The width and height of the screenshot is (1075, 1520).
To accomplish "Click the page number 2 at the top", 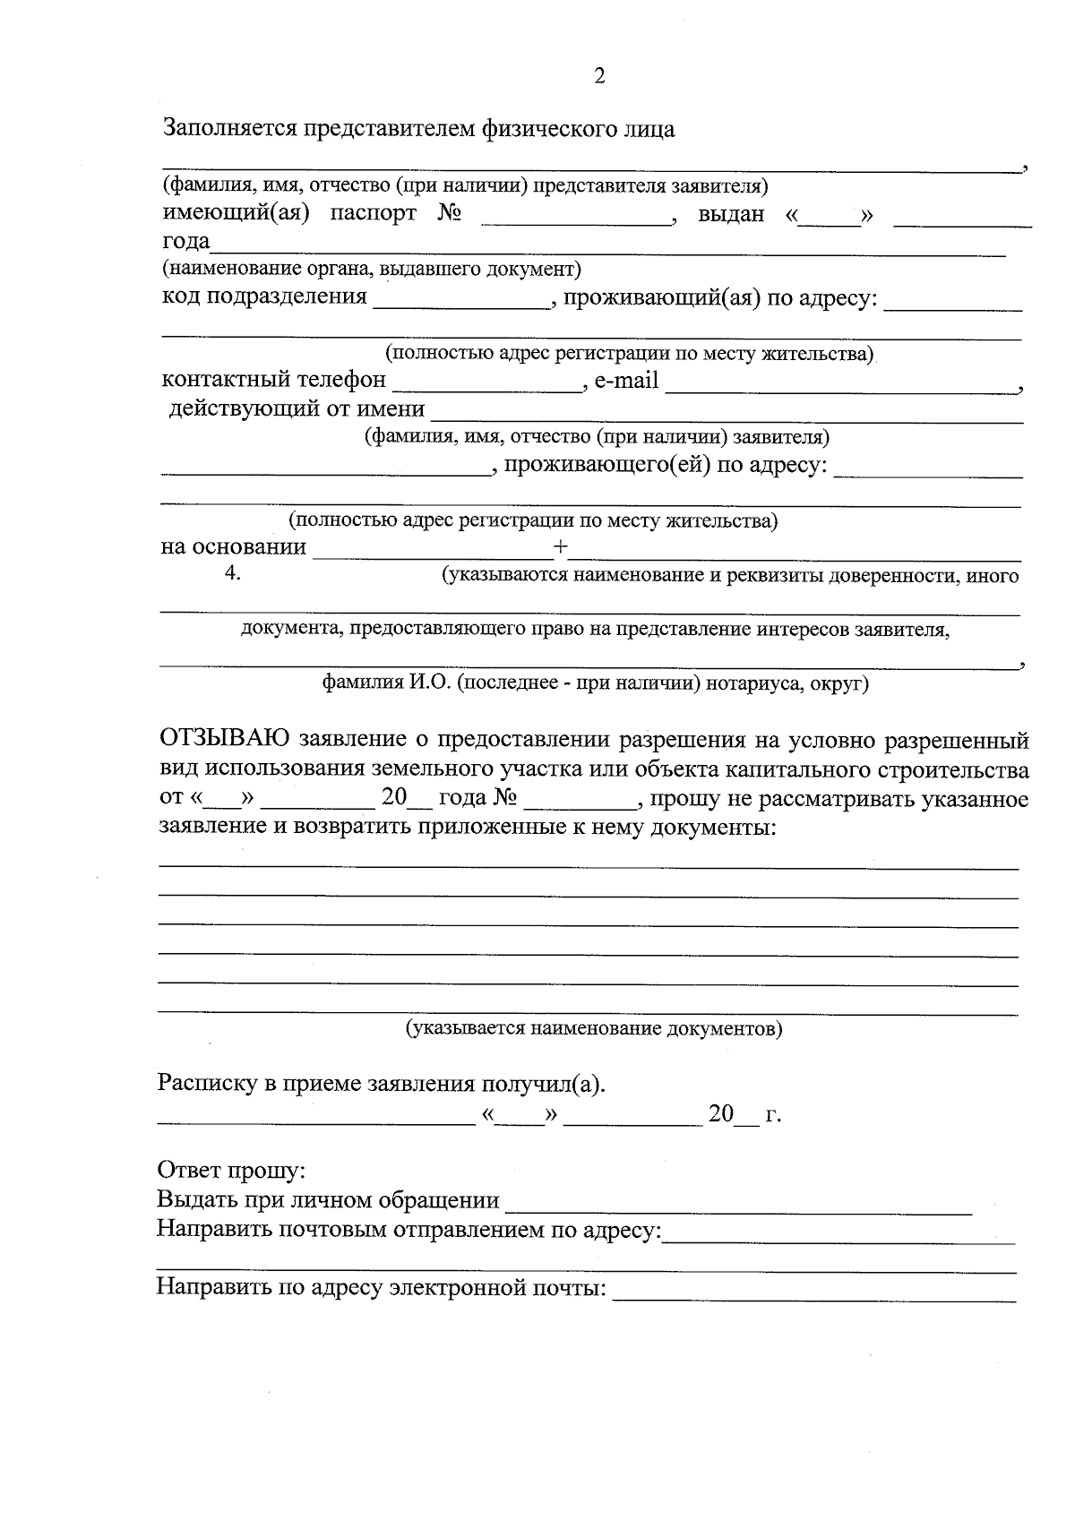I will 599,76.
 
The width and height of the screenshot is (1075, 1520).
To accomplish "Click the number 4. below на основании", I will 232,574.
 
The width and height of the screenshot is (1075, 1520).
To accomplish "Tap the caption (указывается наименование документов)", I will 594,1028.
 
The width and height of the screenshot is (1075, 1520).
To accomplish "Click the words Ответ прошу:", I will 231,1171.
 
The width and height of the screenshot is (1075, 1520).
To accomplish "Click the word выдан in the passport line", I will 731,214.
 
